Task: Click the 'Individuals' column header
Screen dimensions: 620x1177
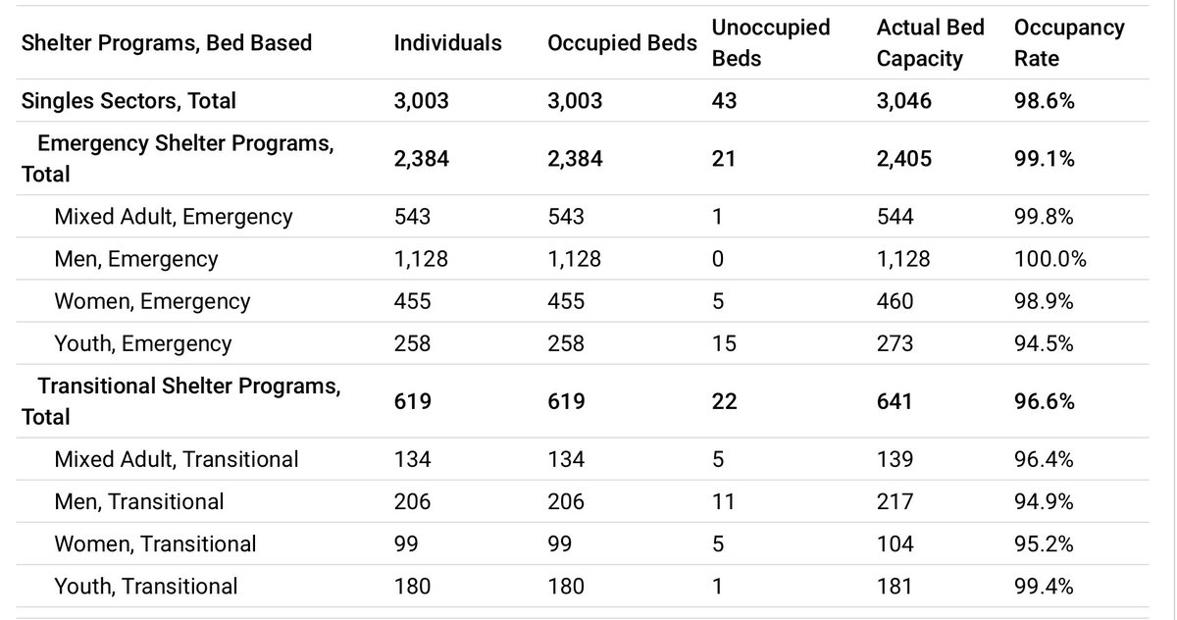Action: pos(447,43)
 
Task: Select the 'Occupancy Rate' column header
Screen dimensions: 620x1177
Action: pos(1069,43)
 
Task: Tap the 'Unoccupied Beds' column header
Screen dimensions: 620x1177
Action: pos(771,43)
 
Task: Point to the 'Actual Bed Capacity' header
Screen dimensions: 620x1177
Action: pos(930,43)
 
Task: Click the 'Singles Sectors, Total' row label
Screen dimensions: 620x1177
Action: pos(128,101)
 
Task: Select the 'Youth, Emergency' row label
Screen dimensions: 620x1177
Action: pos(143,343)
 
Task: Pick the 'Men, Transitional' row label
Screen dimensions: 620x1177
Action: pos(139,501)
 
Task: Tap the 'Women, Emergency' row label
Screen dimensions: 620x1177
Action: pos(152,301)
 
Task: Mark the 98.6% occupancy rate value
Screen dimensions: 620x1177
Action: pos(1045,101)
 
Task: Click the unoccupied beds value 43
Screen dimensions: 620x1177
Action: pos(725,101)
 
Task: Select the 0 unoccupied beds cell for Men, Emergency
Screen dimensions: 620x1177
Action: pos(718,259)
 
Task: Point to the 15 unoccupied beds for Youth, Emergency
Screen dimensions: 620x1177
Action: pos(724,343)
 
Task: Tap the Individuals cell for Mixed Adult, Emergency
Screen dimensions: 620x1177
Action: pos(412,217)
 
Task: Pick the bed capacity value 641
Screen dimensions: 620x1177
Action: pos(895,401)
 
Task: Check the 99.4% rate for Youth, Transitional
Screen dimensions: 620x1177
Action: pos(1044,587)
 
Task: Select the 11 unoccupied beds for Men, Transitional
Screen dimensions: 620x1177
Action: pos(723,501)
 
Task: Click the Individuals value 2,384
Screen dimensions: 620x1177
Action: pos(422,159)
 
